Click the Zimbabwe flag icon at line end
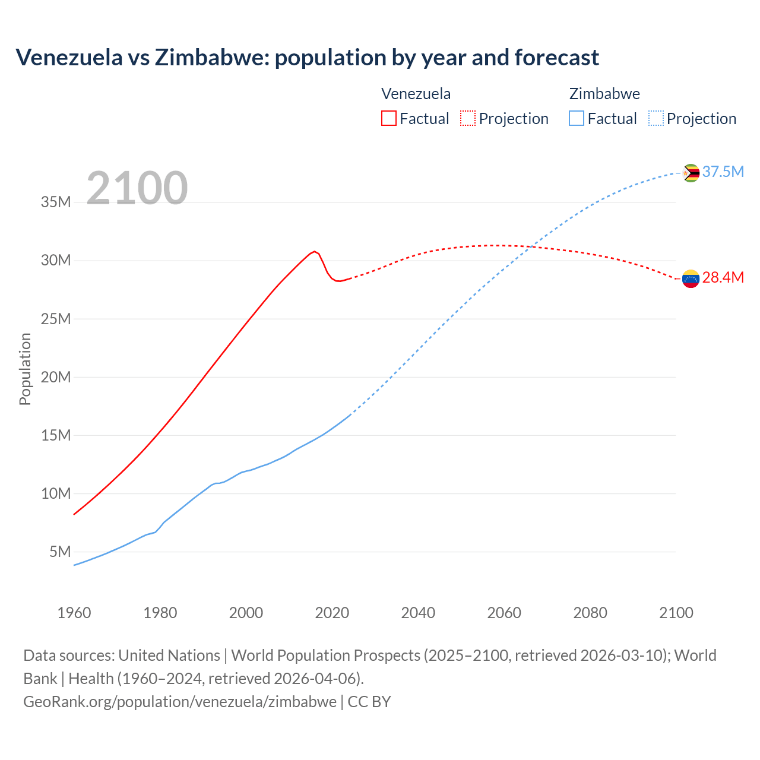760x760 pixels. click(x=691, y=173)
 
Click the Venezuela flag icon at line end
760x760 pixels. click(x=691, y=278)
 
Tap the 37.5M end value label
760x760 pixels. click(x=723, y=172)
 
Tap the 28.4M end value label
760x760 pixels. click(x=723, y=278)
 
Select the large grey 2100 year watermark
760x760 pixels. click(x=137, y=188)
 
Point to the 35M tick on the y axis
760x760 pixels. click(x=56, y=202)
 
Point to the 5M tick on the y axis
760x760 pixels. click(x=60, y=552)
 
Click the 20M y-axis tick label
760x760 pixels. click(x=56, y=378)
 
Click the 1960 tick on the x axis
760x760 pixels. click(x=74, y=613)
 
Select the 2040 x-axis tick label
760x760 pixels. click(x=418, y=613)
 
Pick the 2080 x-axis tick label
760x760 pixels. click(x=590, y=613)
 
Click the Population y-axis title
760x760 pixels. click(x=25, y=369)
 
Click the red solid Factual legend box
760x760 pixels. click(x=389, y=118)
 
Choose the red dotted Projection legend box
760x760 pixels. click(x=468, y=118)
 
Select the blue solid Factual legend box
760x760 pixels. click(x=577, y=118)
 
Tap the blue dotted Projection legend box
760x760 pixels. click(x=656, y=118)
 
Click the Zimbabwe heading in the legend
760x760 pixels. click(x=604, y=94)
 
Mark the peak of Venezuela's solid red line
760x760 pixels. click(x=315, y=251)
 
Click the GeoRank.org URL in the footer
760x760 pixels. click(x=180, y=702)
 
